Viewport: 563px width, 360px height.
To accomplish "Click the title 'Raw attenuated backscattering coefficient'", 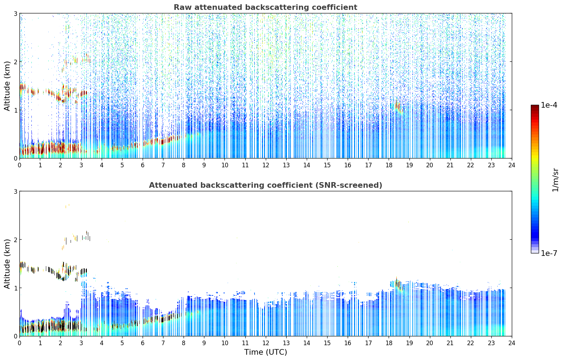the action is (x=265, y=7).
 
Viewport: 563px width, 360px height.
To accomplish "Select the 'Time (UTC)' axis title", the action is (x=265, y=352).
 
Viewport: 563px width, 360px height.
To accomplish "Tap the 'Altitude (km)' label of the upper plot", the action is (x=7, y=86).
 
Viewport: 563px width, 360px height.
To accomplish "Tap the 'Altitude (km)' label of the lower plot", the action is (x=7, y=264).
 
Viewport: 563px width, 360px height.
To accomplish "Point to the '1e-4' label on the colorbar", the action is (x=549, y=105).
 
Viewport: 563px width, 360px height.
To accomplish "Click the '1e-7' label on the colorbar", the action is (x=549, y=253).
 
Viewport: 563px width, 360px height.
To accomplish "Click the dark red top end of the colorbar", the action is (x=535, y=107).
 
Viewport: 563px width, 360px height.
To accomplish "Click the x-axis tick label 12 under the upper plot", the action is (x=266, y=165).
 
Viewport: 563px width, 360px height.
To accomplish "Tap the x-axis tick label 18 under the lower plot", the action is (x=389, y=343).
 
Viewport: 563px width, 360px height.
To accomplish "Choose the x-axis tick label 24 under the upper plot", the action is (x=512, y=165).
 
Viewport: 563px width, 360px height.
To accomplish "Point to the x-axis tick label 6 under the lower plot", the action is (x=143, y=343).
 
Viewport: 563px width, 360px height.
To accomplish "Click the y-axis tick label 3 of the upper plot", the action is (x=15, y=13).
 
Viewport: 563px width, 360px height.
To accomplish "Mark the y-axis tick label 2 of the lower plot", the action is (x=15, y=240).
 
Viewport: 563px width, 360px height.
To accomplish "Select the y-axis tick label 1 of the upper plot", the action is (x=15, y=110).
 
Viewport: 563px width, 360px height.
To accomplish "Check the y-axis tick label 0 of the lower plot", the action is (x=15, y=336).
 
